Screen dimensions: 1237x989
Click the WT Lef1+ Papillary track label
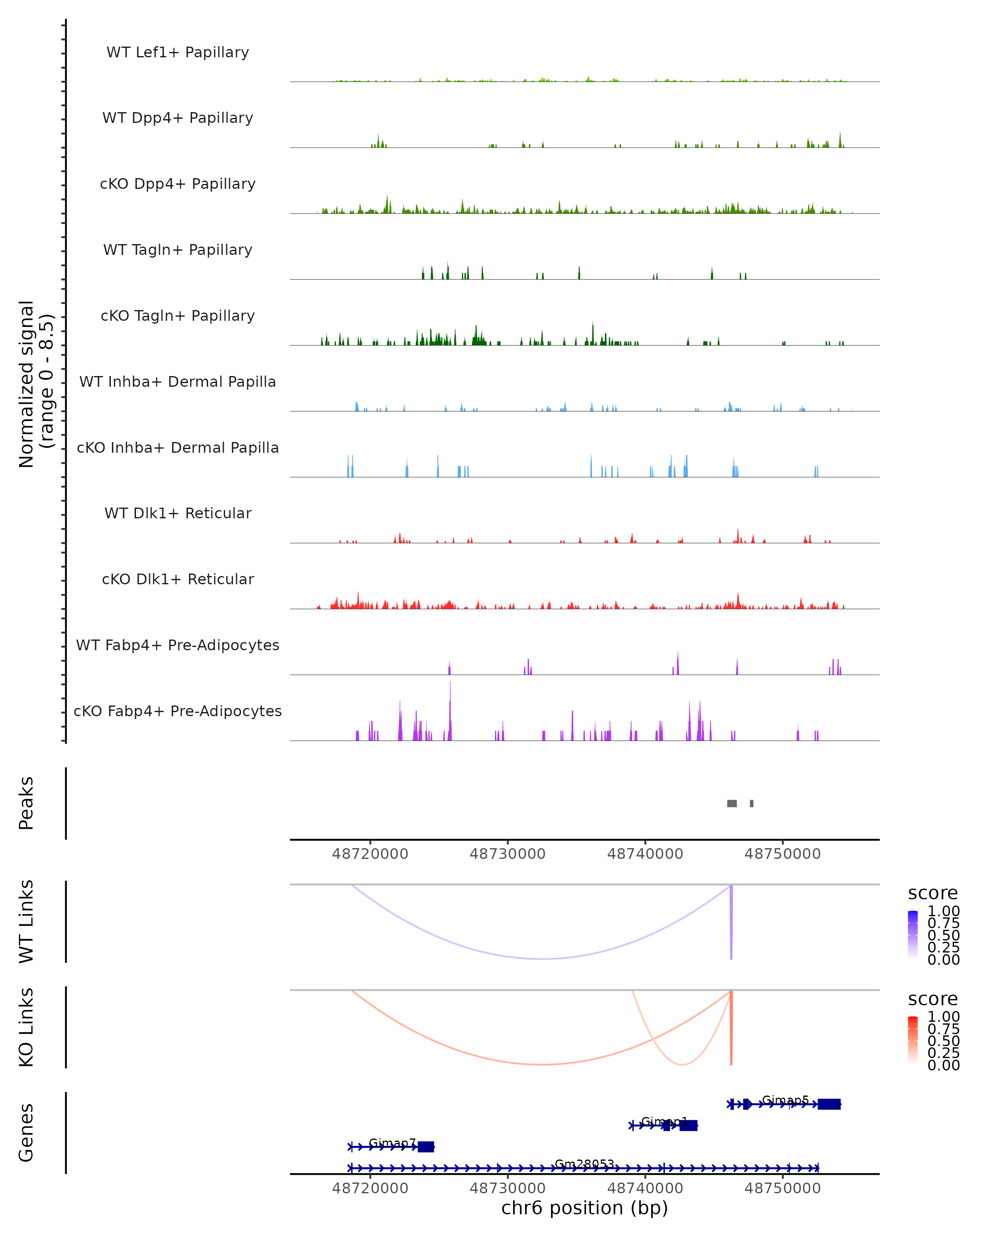click(x=178, y=52)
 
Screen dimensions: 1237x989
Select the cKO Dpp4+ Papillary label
click(x=178, y=183)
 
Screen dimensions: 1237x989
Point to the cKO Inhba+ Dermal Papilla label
click(x=178, y=447)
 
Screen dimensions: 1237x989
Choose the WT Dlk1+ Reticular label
click(x=178, y=513)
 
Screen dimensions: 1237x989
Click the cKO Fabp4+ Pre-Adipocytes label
click(x=178, y=711)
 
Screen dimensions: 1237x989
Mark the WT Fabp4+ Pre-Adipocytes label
click(x=178, y=645)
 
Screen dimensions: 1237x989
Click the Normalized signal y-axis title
click(x=35, y=384)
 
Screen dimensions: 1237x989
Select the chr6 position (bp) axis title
click(x=584, y=1208)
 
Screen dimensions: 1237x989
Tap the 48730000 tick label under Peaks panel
click(x=507, y=854)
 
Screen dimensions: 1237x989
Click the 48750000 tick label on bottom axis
click(x=783, y=1188)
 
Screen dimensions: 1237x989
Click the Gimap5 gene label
click(x=785, y=1101)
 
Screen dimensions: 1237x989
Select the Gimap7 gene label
click(x=392, y=1143)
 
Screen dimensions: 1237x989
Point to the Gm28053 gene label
click(x=584, y=1164)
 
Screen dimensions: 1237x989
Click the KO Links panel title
click(x=26, y=1027)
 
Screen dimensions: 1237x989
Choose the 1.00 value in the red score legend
click(x=943, y=1017)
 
